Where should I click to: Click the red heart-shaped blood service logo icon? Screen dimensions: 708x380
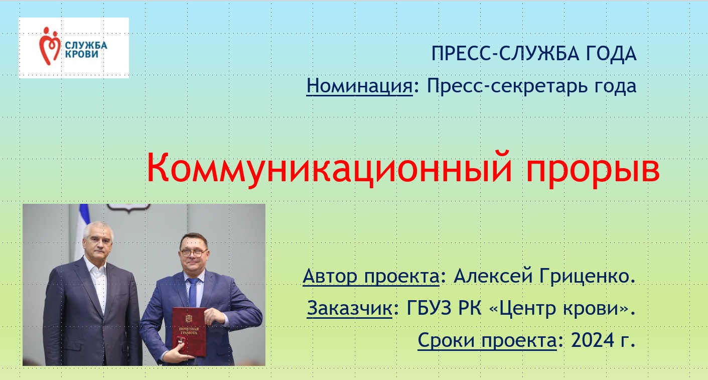click(x=50, y=46)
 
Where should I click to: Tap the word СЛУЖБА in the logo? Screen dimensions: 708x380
click(x=86, y=46)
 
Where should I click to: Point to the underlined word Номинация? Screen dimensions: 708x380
click(x=360, y=86)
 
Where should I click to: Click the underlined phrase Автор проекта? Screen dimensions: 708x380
click(x=371, y=277)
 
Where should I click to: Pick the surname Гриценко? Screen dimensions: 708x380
click(x=588, y=276)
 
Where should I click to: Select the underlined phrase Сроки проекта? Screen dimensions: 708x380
click(x=487, y=341)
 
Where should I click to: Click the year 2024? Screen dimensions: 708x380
click(x=589, y=340)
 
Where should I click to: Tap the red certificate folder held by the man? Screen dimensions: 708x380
click(x=189, y=332)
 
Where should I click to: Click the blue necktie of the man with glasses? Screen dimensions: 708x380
click(x=193, y=292)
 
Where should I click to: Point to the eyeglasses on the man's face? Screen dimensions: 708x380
click(x=194, y=253)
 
